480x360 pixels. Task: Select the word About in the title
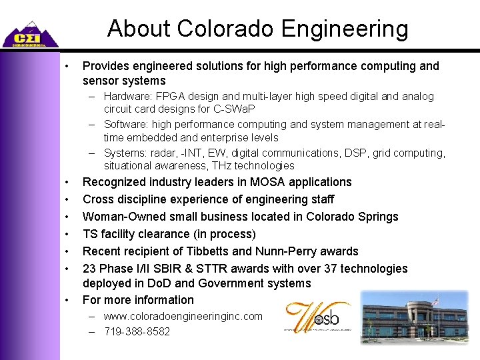tap(137, 29)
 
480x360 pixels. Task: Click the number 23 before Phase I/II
tap(89, 269)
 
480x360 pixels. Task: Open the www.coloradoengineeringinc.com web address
tap(183, 317)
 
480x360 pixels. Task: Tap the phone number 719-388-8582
tap(137, 331)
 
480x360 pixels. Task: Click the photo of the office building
tap(415, 317)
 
